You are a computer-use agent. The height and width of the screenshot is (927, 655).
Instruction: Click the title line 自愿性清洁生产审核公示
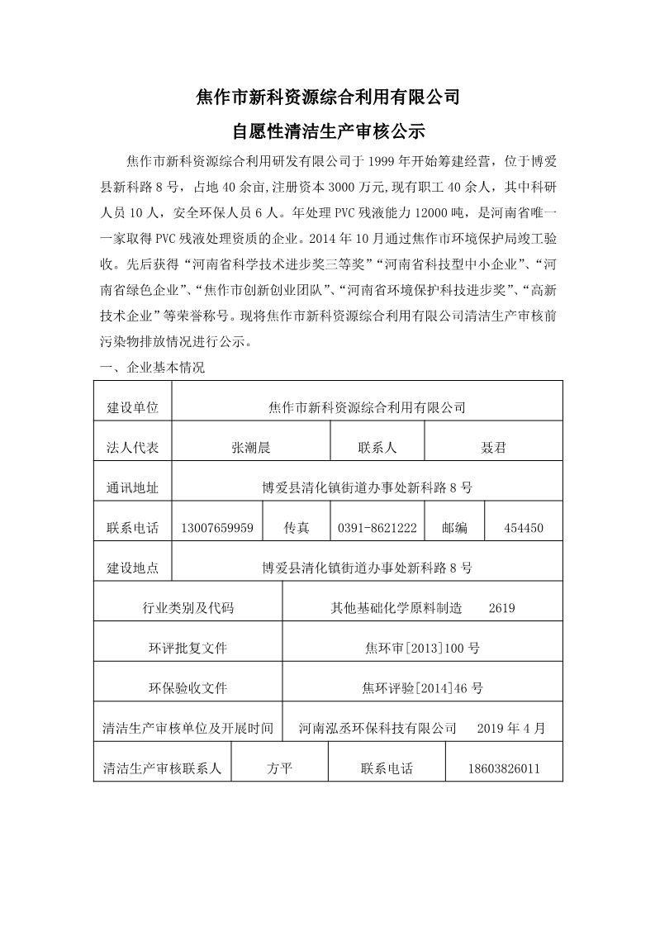(x=328, y=131)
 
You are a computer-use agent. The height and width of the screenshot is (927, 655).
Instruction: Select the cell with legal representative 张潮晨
(x=251, y=448)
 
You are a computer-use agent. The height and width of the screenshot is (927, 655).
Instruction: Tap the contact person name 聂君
(x=493, y=448)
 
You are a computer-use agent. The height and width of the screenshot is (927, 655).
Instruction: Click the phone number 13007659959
(x=216, y=528)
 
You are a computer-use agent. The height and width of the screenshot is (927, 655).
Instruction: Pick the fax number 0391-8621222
(x=377, y=528)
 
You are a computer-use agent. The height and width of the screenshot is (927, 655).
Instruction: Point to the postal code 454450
(x=523, y=528)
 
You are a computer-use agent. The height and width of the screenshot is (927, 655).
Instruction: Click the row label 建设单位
(x=132, y=407)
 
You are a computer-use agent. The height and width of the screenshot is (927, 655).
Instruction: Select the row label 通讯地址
(x=132, y=487)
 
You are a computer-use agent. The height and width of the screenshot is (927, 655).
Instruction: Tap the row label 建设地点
(x=132, y=568)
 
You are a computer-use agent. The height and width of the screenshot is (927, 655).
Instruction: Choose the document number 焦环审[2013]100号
(x=422, y=648)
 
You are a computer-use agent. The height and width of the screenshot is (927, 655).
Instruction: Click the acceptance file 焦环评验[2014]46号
(x=422, y=687)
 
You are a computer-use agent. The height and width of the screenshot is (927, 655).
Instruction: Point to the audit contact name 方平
(x=280, y=768)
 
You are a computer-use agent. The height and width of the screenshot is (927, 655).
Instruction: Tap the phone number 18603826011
(x=504, y=768)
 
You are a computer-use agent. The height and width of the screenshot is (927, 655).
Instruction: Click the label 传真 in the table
(x=297, y=528)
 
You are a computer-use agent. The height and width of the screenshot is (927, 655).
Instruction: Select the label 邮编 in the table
(x=454, y=528)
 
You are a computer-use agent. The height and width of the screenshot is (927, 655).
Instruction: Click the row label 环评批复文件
(x=187, y=648)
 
